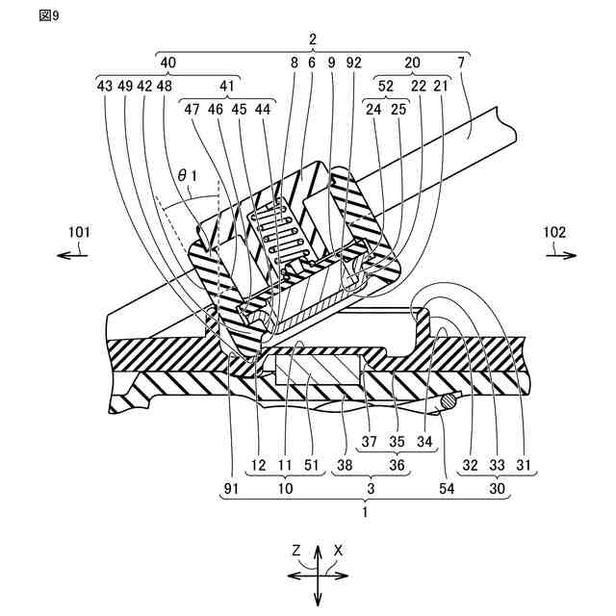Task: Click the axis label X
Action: coord(339,551)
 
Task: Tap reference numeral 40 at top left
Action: coord(167,62)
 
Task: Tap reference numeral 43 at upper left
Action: coord(106,86)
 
